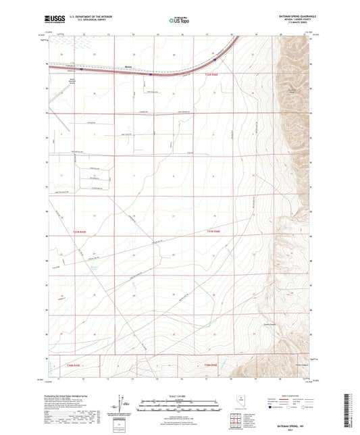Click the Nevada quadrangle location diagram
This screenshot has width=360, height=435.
pyautogui.click(x=241, y=399)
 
